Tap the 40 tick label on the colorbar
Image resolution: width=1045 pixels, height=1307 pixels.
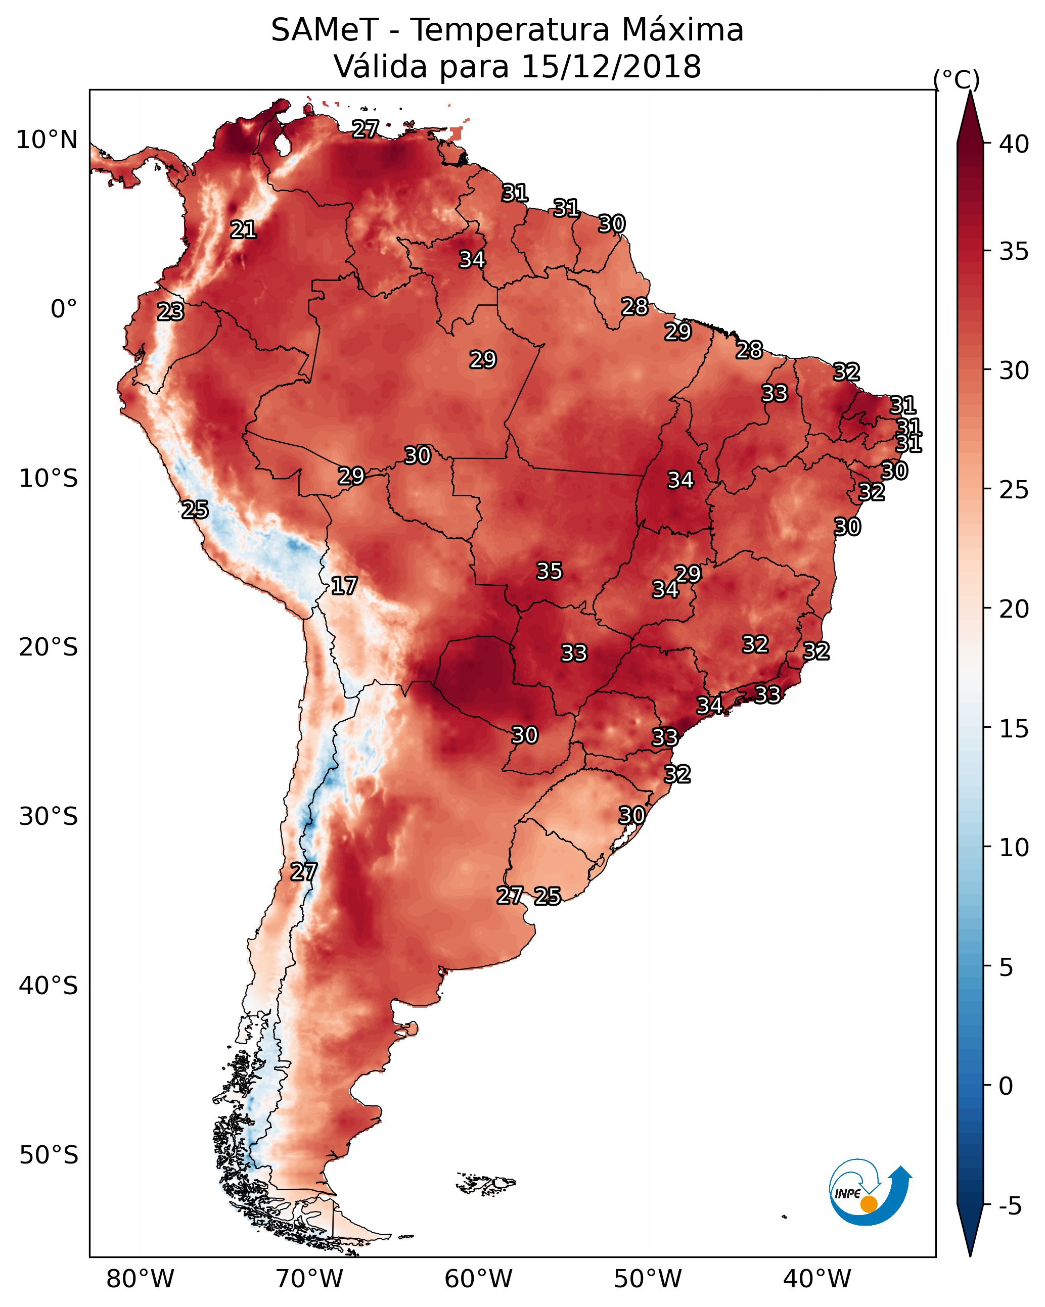pos(1014,144)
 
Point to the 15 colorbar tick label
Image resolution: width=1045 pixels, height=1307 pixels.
pos(1014,729)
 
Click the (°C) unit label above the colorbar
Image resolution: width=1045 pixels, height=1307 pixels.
pos(957,79)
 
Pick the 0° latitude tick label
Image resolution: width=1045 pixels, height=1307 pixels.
pos(64,309)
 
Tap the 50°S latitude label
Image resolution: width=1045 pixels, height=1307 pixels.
pos(49,1155)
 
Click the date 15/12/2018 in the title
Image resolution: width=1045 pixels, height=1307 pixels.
pos(611,67)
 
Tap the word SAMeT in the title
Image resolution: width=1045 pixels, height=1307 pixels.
pos(325,30)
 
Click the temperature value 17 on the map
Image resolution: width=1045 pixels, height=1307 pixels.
pos(344,586)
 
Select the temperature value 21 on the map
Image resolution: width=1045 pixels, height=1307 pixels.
pos(243,230)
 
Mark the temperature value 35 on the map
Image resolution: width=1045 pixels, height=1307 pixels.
pos(550,571)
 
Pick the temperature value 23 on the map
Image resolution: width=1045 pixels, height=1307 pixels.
pos(170,312)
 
